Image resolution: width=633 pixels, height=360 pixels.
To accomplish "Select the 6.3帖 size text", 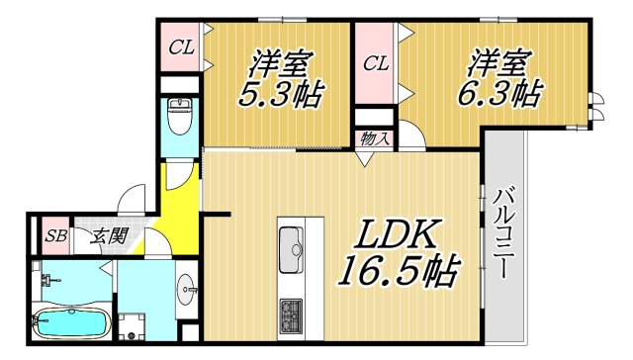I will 501,96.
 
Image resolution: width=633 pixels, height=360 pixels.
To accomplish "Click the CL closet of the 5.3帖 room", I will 181,45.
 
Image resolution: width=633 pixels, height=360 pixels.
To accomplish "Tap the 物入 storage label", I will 374,139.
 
